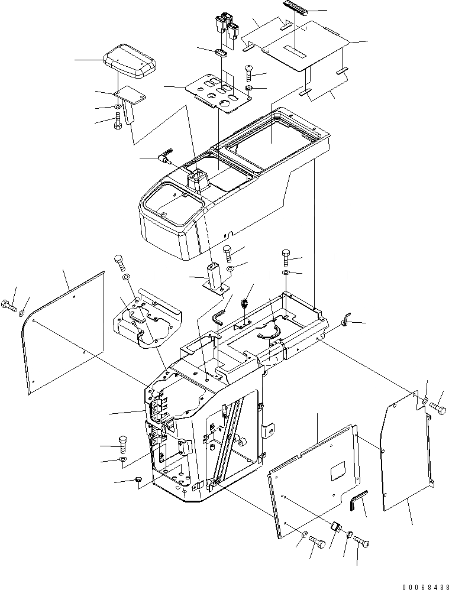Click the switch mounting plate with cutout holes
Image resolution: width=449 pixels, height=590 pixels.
pos(215,92)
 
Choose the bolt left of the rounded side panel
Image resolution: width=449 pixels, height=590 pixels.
pos(9,306)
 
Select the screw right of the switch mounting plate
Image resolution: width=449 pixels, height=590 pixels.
pos(248,74)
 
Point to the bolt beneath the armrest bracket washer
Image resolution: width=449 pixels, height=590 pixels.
pos(117,123)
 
